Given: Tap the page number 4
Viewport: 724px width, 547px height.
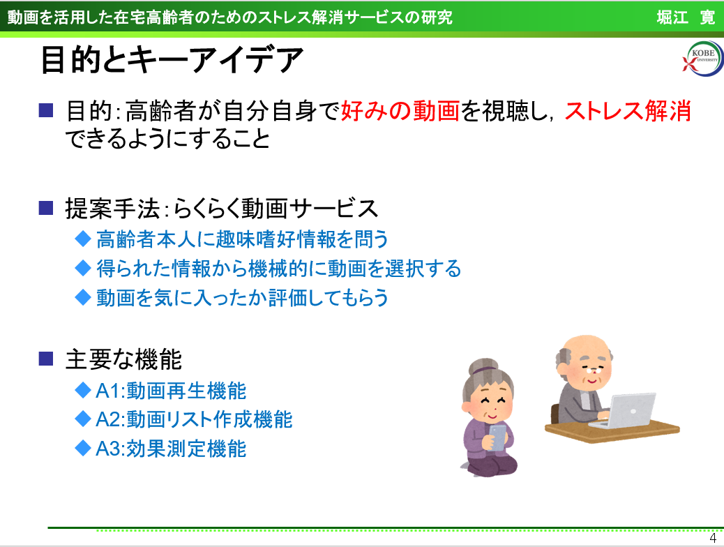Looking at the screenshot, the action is pyautogui.click(x=713, y=538).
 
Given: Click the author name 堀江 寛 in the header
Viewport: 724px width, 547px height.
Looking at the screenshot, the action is pyautogui.click(x=686, y=17).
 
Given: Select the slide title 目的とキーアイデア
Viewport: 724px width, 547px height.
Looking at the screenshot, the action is pyautogui.click(x=172, y=60).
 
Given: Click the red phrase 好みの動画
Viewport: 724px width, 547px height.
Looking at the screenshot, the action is pyautogui.click(x=400, y=111).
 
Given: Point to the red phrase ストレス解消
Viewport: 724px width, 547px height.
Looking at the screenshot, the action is pyautogui.click(x=628, y=111).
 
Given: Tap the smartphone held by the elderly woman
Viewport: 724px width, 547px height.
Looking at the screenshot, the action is pyautogui.click(x=497, y=437).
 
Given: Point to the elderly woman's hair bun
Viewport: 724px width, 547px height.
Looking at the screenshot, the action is pyautogui.click(x=483, y=366).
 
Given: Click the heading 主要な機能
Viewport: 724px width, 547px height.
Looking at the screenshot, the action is pyautogui.click(x=123, y=359).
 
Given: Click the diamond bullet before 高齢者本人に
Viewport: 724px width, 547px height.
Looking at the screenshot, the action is pyautogui.click(x=82, y=239).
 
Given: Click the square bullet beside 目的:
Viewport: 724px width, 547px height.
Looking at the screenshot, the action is pyautogui.click(x=46, y=110).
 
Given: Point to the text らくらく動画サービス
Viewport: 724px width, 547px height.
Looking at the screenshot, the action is pyautogui.click(x=276, y=209).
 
